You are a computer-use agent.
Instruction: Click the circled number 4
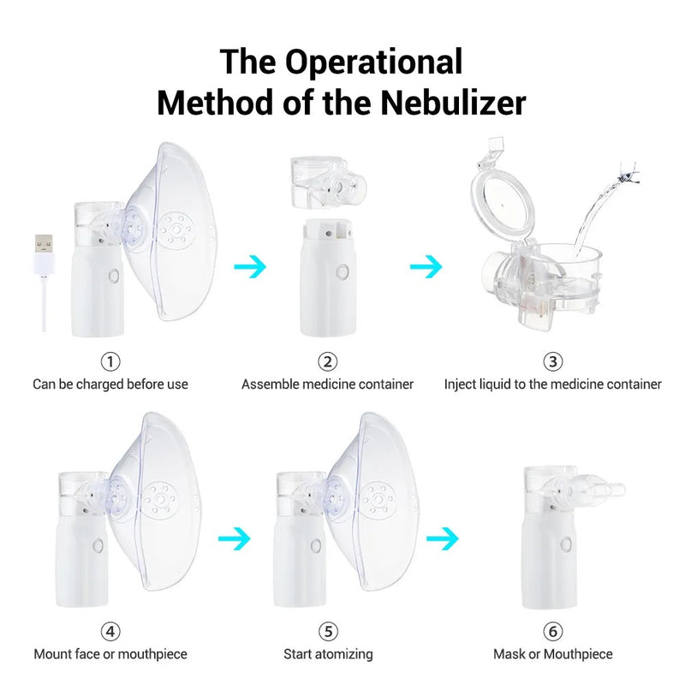(110, 631)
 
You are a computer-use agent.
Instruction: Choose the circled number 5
(328, 631)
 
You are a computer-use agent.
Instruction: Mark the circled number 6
(553, 631)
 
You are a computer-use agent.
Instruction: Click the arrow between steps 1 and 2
(250, 265)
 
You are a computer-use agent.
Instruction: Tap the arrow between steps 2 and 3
(426, 267)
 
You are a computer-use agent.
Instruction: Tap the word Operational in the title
(373, 62)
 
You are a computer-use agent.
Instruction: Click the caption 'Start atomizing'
(328, 654)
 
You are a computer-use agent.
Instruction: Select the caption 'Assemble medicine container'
(327, 384)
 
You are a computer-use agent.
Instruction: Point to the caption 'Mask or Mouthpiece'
(553, 654)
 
